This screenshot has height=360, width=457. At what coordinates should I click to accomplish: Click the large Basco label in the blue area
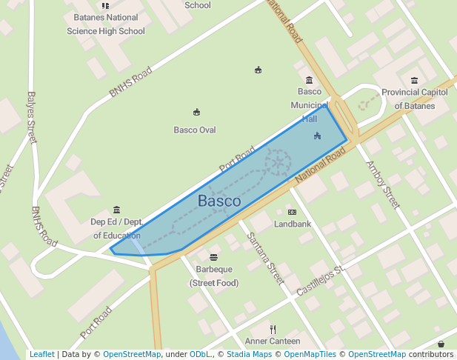[x=219, y=201]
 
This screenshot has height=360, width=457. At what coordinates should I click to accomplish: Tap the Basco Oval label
[x=195, y=130]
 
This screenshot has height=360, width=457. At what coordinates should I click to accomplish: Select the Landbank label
[x=293, y=223]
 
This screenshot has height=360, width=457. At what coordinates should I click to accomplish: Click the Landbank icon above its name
[x=292, y=212]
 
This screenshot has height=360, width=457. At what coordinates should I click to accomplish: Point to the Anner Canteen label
[x=273, y=341]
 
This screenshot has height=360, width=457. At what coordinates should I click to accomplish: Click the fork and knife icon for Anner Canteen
[x=273, y=329]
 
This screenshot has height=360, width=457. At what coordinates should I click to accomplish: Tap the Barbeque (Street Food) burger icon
[x=213, y=257]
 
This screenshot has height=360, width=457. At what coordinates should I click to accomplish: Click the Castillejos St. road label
[x=321, y=281]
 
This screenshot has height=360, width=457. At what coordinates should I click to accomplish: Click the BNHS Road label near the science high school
[x=130, y=82]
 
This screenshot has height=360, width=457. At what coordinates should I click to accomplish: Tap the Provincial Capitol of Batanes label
[x=414, y=99]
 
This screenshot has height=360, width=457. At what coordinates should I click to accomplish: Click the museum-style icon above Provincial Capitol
[x=413, y=81]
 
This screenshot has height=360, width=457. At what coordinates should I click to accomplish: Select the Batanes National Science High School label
[x=106, y=24]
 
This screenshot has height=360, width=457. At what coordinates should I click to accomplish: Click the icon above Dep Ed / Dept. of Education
[x=116, y=210]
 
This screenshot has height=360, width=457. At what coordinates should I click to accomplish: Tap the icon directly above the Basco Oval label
[x=196, y=113]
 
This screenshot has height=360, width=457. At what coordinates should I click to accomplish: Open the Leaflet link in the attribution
[x=41, y=354]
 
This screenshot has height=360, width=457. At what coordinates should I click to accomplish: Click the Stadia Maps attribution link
[x=247, y=354]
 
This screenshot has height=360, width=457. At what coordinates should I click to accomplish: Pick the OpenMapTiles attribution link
[x=306, y=354]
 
